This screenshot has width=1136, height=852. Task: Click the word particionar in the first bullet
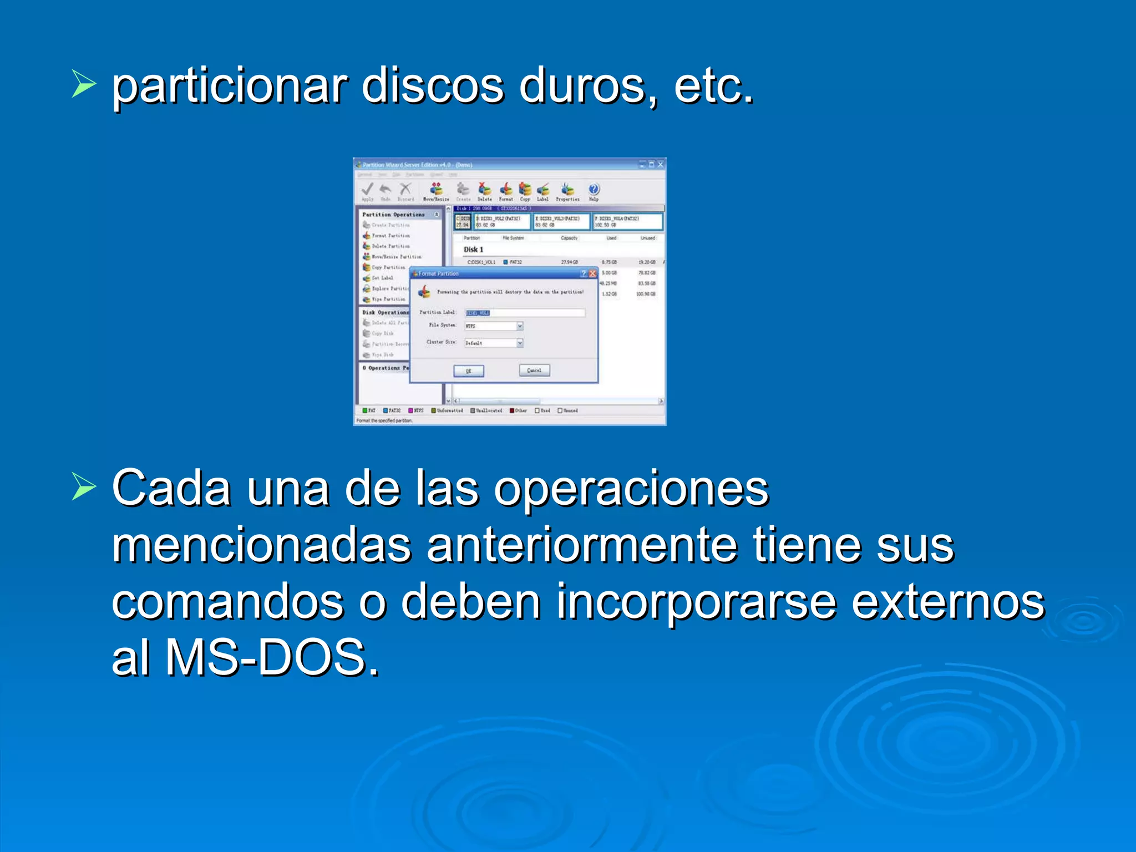(230, 88)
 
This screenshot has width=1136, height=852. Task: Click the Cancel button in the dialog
(534, 370)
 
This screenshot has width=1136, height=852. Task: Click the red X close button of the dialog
(592, 273)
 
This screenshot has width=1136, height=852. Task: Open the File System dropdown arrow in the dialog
(520, 326)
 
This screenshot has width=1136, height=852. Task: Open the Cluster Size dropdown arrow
(520, 343)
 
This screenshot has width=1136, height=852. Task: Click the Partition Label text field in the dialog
(525, 313)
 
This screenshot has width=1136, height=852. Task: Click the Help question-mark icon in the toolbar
(594, 189)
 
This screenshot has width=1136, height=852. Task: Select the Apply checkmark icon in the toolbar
(367, 189)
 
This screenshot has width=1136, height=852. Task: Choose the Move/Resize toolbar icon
(437, 189)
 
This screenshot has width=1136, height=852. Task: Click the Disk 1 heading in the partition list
(473, 250)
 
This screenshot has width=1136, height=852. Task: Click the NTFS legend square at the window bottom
(411, 410)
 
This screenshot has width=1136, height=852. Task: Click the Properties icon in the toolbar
(567, 189)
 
